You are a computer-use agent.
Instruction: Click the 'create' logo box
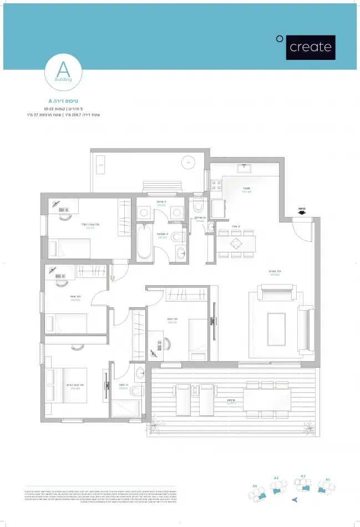pos(311,47)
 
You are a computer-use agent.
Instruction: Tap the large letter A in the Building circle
pos(63,69)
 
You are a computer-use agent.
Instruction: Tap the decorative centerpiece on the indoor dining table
pos(236,243)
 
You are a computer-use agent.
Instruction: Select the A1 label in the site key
pos(328,478)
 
